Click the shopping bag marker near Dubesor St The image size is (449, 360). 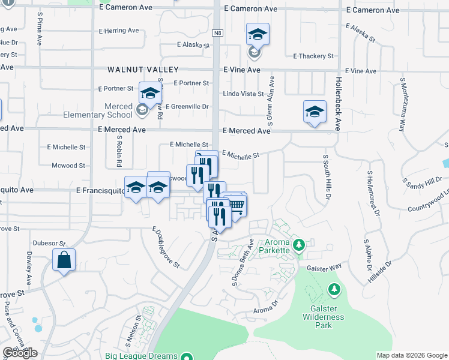point(64,261)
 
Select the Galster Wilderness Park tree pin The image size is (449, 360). point(334,290)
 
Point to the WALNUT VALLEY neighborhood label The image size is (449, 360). point(135,70)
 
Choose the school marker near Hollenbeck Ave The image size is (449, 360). point(315,112)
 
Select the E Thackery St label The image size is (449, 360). point(313,56)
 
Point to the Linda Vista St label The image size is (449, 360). point(243,94)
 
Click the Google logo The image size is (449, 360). point(20,353)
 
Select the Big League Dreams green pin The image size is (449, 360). point(188,356)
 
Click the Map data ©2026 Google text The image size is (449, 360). point(412,355)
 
